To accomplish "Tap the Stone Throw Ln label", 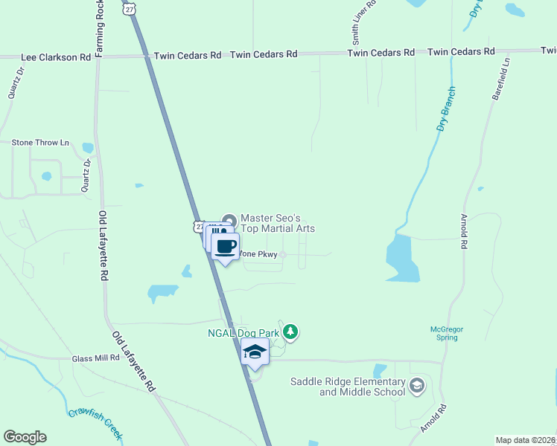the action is click(40, 142).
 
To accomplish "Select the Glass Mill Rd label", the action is click(96, 358).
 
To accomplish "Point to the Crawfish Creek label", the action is click(95, 423).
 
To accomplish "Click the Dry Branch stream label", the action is click(446, 109).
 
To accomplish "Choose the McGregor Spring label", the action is click(447, 332).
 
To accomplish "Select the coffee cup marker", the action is click(225, 246).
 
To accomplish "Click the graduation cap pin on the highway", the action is click(255, 352).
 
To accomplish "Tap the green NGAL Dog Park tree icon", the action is click(292, 332).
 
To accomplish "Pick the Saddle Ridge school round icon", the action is click(416, 385).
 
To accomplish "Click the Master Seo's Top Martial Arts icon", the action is click(229, 221).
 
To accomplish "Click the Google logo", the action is click(25, 437).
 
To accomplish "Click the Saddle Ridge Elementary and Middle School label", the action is click(348, 387).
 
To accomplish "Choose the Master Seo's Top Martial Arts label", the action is click(278, 223).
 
